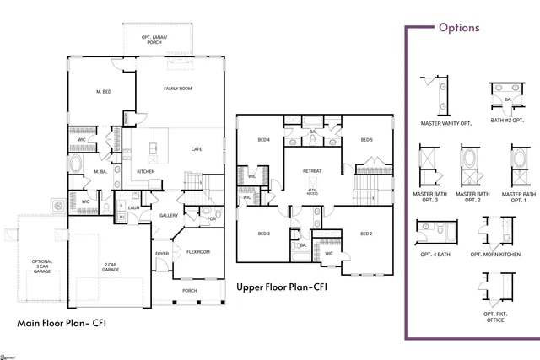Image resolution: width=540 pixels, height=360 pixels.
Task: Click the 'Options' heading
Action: tap(458, 27)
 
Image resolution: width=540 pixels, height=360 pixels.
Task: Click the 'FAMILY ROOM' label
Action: tap(177, 89)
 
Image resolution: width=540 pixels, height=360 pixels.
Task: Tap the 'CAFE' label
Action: tap(197, 149)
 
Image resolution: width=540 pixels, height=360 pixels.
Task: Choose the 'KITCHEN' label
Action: tap(146, 171)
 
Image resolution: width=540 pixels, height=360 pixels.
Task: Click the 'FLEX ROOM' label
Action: tap(198, 251)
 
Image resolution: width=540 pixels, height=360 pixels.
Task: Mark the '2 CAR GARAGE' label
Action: tap(111, 267)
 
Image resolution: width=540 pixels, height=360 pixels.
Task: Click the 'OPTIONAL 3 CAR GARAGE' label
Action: tap(42, 266)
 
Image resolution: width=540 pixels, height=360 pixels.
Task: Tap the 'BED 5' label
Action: tap(366, 140)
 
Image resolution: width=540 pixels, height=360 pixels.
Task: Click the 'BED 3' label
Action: tap(263, 233)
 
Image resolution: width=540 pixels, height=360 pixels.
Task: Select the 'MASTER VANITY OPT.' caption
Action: tap(446, 122)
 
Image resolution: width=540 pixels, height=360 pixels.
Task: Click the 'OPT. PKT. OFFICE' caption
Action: tap(495, 316)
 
